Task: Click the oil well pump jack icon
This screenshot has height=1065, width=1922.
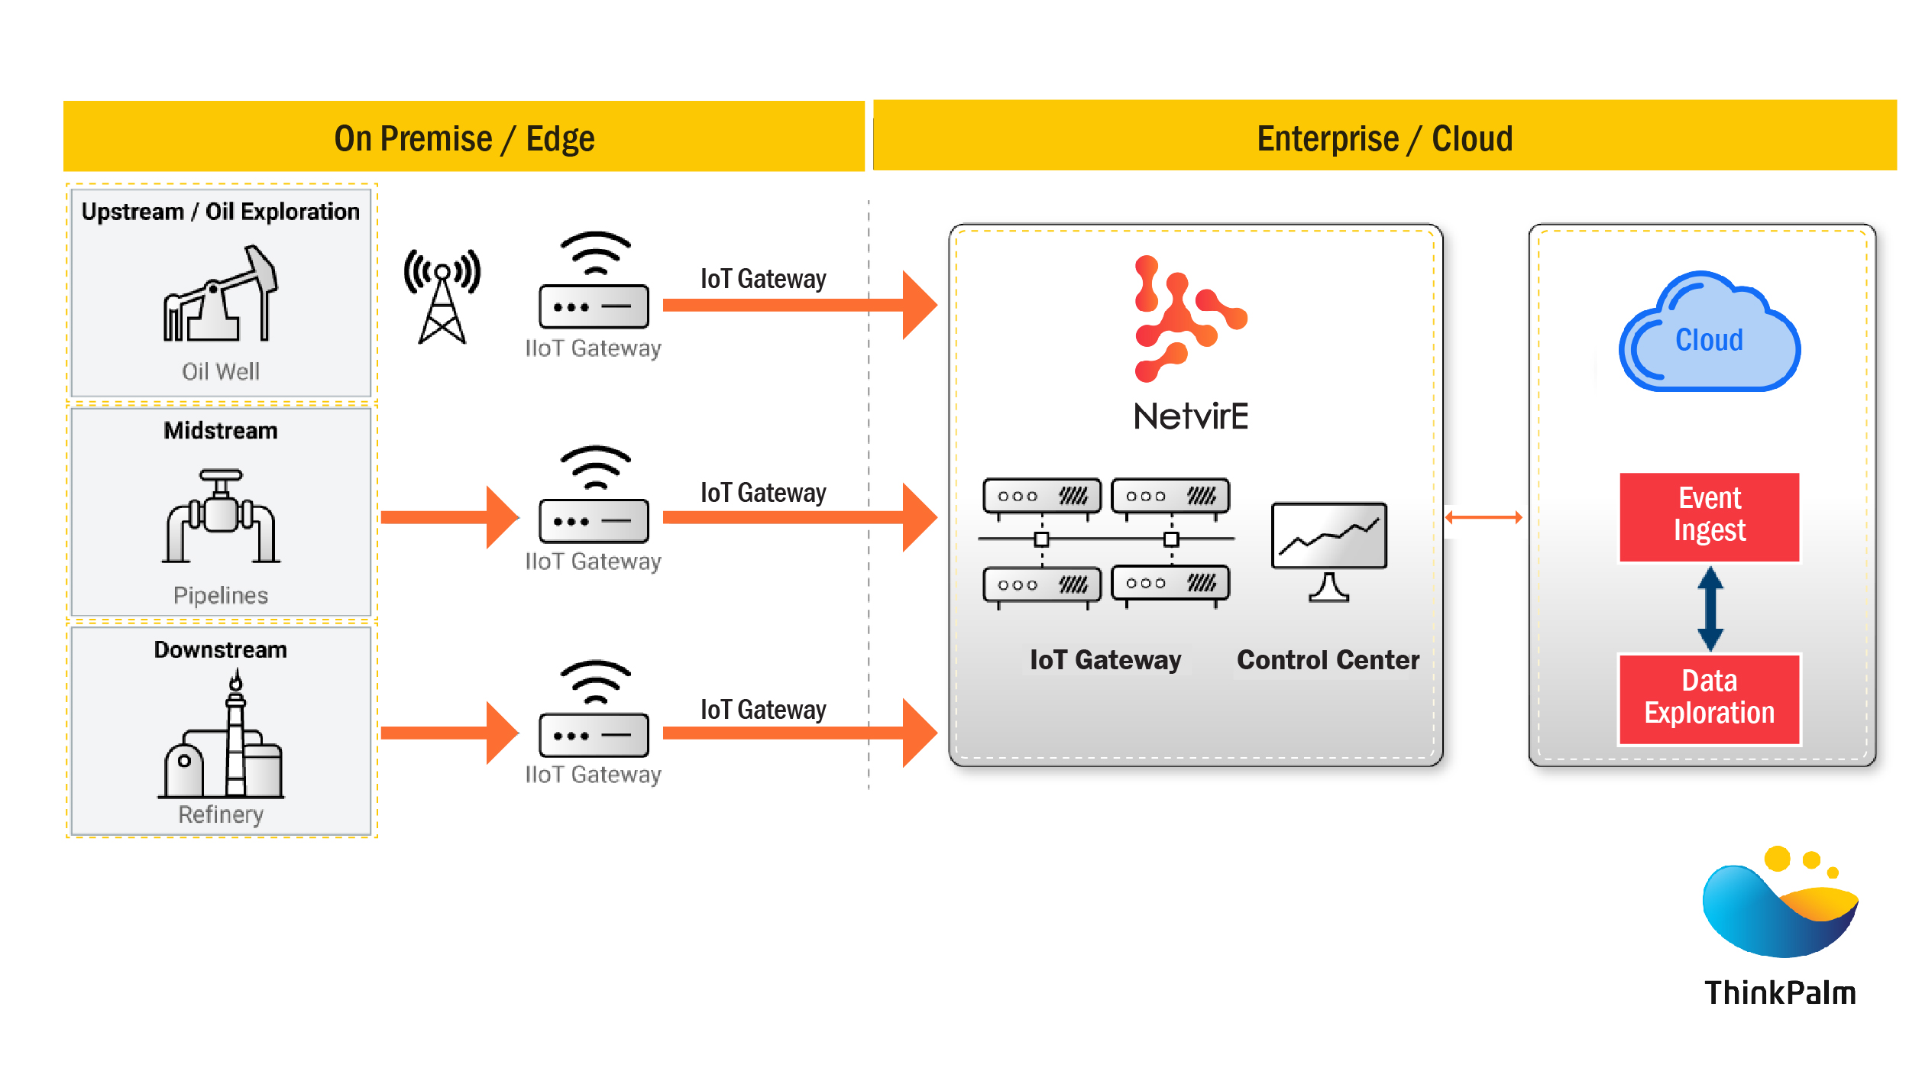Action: [220, 294]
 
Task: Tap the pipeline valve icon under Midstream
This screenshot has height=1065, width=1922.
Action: [221, 516]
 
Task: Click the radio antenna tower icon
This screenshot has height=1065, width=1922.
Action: [442, 296]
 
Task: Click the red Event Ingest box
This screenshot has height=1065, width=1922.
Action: [1709, 516]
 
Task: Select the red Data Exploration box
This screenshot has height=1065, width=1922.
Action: [1709, 698]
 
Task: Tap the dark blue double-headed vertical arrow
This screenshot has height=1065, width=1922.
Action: [1710, 608]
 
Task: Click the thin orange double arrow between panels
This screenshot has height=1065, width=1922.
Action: [1483, 517]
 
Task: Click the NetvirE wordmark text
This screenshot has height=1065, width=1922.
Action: [1190, 417]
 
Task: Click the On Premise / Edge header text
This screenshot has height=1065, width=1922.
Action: [464, 139]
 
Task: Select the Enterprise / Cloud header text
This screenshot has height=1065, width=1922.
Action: [1384, 139]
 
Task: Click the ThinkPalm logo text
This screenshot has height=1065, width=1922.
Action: [1780, 992]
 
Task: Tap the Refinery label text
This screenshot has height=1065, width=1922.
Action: [221, 814]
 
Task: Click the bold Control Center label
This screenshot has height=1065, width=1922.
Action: [1328, 660]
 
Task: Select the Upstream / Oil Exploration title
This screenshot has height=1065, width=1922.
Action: [221, 212]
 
